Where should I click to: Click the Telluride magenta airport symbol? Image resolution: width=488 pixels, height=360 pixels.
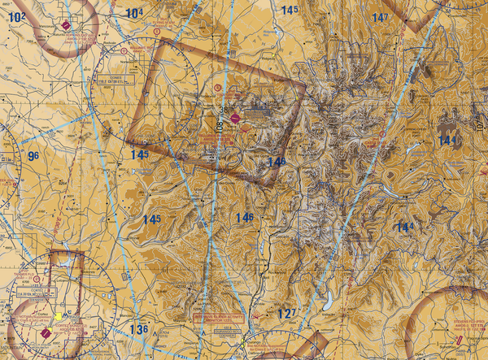click(x=235, y=119)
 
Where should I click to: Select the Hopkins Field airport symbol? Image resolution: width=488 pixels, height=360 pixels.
click(x=66, y=28)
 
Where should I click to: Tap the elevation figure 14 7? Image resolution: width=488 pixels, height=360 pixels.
click(x=380, y=17)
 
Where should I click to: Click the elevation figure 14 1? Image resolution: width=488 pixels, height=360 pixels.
click(x=448, y=141)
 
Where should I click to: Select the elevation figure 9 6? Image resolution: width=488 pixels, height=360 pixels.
click(x=33, y=156)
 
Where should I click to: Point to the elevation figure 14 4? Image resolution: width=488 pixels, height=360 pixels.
click(x=404, y=227)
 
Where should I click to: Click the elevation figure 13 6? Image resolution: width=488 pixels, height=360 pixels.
click(x=139, y=329)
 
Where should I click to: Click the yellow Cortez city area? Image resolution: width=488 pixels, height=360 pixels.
click(x=58, y=315)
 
